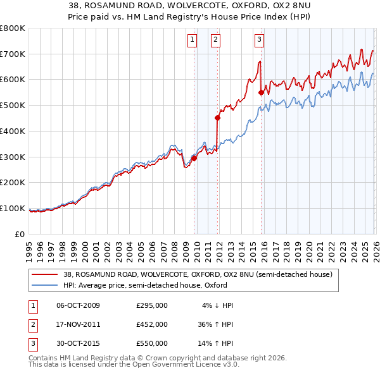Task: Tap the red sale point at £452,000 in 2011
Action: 217,117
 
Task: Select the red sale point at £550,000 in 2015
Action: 261,92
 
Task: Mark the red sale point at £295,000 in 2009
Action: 194,158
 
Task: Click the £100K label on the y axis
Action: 13,208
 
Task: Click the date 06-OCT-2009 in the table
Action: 78,305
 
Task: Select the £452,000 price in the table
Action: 152,324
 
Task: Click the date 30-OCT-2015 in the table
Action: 78,343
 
